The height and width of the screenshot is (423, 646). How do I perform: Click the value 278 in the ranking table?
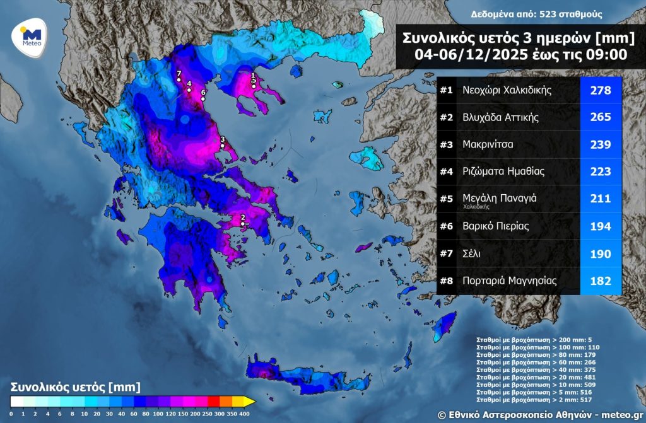[601, 90]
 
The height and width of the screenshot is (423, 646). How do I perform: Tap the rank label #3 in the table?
[447, 145]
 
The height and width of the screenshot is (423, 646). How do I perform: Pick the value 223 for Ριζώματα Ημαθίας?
[601, 171]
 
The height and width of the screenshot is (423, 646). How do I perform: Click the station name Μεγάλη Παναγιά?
[499, 198]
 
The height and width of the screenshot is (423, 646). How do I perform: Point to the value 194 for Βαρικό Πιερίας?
[601, 226]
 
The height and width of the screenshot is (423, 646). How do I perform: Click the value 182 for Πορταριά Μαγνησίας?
[601, 281]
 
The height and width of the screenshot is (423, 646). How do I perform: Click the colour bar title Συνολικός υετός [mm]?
[75, 386]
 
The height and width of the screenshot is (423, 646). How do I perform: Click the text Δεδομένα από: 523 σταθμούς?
[536, 14]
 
